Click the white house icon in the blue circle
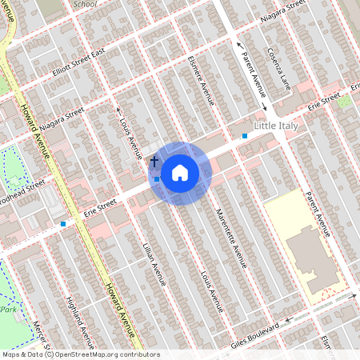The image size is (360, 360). pos(180,172)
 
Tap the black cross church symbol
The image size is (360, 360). pos(154,162)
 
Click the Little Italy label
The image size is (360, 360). pos(280,126)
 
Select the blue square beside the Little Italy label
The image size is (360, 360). pos(245,136)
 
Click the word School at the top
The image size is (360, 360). pos(84,4)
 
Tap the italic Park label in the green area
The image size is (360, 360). pos(8,309)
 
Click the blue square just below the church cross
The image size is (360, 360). pos(157,179)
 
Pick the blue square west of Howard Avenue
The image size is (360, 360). pos(63,224)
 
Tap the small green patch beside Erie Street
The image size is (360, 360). pos(344,102)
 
